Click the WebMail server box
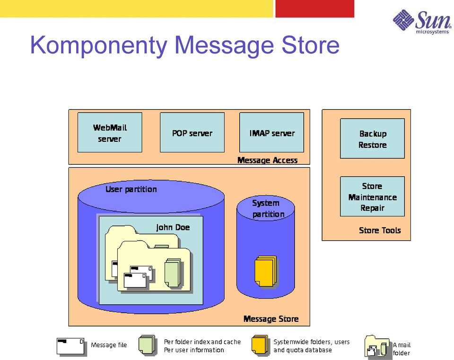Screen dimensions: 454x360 coord(110,132)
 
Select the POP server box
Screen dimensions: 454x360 coord(192,132)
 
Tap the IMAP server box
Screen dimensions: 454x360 coord(271,132)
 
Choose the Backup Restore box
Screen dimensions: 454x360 coord(372,138)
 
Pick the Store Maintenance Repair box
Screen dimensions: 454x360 coord(372,197)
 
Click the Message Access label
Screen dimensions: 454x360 coord(268,160)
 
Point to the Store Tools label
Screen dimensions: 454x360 coord(380,231)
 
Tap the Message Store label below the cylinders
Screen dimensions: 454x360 coord(271,319)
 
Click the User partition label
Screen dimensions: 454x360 coord(131,189)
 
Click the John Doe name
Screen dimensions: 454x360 coord(173,228)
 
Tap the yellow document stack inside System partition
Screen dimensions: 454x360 coord(266,271)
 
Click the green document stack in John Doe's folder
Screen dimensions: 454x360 coord(173,273)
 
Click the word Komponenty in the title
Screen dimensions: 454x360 coord(99,46)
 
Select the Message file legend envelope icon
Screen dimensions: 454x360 coord(71,346)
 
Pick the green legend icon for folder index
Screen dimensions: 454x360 coord(147,345)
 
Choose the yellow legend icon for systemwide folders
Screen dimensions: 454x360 coord(260,345)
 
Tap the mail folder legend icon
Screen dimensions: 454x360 coord(377,346)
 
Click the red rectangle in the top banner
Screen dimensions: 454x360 coord(315,9)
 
